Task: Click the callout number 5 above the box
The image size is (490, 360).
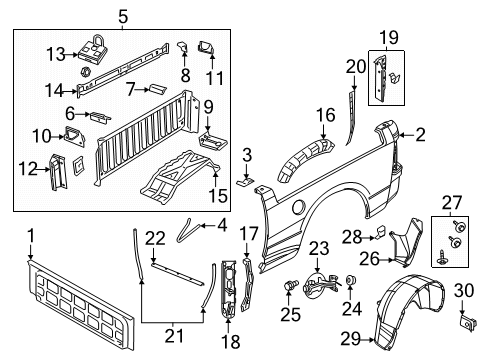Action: click(122, 16)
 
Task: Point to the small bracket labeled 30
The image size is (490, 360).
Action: click(465, 322)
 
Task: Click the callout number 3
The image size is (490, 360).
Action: click(246, 155)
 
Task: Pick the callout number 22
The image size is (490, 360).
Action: click(153, 237)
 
